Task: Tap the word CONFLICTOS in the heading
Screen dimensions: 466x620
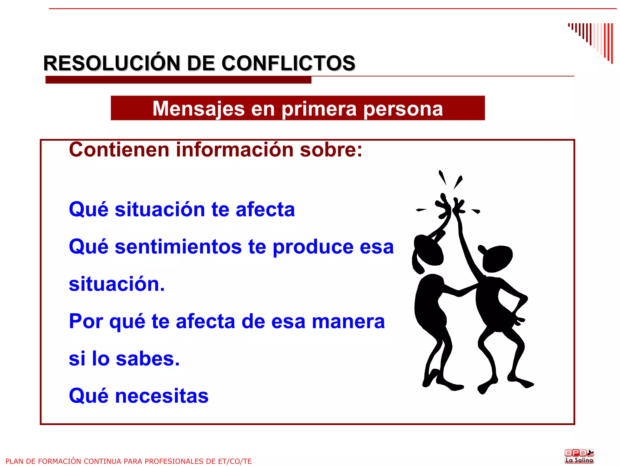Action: tap(288, 63)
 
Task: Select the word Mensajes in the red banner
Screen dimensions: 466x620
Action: tap(199, 109)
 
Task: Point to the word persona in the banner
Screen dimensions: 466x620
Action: tap(403, 109)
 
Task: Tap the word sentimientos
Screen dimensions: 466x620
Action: tap(178, 246)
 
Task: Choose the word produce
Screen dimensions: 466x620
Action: tap(313, 247)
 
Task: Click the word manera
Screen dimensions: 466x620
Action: tap(348, 321)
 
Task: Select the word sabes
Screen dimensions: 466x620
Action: tap(148, 359)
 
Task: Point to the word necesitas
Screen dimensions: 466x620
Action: tap(162, 396)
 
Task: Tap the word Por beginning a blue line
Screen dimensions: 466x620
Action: tap(86, 321)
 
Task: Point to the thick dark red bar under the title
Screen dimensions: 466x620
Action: tap(178, 80)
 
